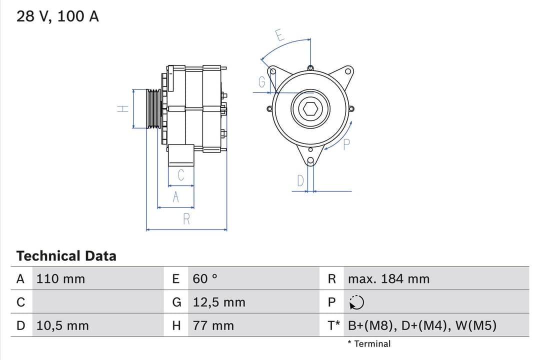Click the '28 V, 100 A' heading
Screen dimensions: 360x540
point(57,16)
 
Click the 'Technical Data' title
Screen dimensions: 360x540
point(66,256)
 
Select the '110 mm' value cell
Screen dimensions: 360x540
point(60,279)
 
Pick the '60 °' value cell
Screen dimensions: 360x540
point(205,279)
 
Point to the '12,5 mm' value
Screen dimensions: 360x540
point(219,302)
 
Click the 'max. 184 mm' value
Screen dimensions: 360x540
point(388,279)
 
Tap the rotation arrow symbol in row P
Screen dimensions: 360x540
point(357,302)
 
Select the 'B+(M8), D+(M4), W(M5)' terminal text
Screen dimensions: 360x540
point(422,326)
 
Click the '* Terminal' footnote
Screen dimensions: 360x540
point(369,344)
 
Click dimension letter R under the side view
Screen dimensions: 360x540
point(186,219)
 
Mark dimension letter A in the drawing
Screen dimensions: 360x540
point(175,197)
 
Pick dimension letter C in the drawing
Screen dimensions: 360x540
point(181,175)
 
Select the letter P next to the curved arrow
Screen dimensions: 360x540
point(346,145)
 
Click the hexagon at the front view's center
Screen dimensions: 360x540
point(310,108)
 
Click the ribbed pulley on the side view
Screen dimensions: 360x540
point(154,108)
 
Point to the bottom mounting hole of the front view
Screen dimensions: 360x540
point(310,161)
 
